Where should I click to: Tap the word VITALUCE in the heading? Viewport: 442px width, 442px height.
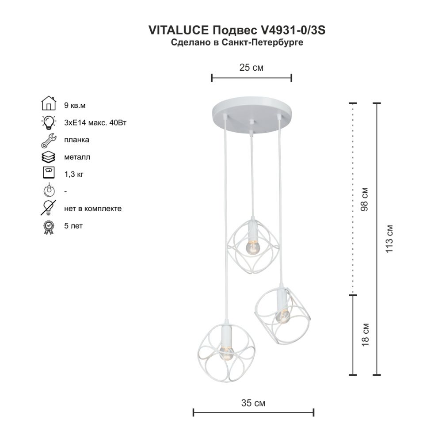pos(179,30)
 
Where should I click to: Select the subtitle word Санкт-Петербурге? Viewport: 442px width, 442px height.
pos(262,42)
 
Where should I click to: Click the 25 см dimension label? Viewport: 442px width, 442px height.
pos(251,68)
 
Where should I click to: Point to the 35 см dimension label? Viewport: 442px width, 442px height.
pos(253,403)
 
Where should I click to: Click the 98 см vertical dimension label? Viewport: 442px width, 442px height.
pos(365,199)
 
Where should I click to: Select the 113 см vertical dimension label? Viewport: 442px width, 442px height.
pos(389,239)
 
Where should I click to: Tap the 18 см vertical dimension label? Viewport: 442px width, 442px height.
pos(365,335)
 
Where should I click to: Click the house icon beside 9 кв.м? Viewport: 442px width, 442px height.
pos(49,103)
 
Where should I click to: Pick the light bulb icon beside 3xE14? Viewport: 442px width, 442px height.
pos(49,122)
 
